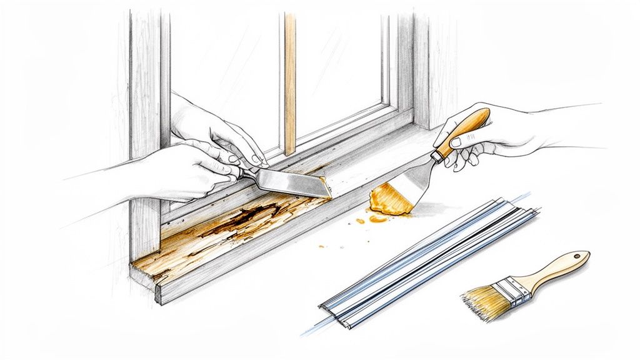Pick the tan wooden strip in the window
290,81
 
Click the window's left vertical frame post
144,125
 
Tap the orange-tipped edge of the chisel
324,186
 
